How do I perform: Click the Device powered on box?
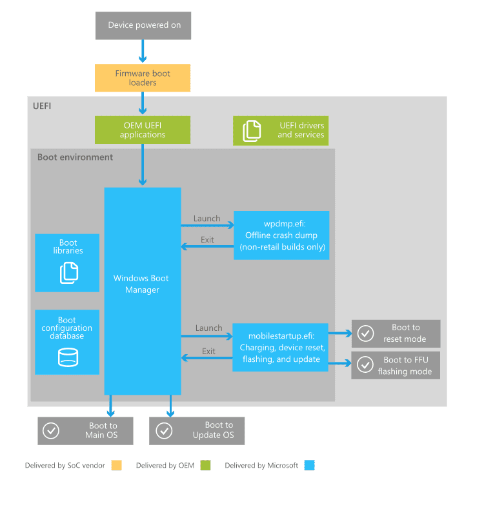coord(143,26)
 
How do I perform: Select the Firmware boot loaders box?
coord(143,78)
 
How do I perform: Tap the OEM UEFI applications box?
coord(143,130)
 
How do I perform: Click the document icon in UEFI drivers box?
coord(252,131)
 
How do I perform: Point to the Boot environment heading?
coord(75,157)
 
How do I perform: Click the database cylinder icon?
coord(68,357)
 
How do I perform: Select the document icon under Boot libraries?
coord(69,273)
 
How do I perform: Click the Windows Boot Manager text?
coord(141,284)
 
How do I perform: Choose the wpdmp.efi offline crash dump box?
coord(281,235)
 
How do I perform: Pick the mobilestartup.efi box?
coord(281,347)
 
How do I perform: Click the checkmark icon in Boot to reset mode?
coord(366,333)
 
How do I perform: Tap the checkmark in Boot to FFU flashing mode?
coord(365,364)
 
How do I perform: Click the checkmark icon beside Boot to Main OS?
coord(51,431)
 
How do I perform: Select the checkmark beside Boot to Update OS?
coord(164,431)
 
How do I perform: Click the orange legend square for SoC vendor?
coord(116,465)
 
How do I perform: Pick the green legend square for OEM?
coord(205,465)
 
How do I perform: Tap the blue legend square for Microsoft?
coord(309,465)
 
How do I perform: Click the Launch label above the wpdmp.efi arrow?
coord(207,219)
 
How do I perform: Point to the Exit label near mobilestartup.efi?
coord(208,352)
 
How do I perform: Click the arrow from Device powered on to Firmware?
coord(143,51)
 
